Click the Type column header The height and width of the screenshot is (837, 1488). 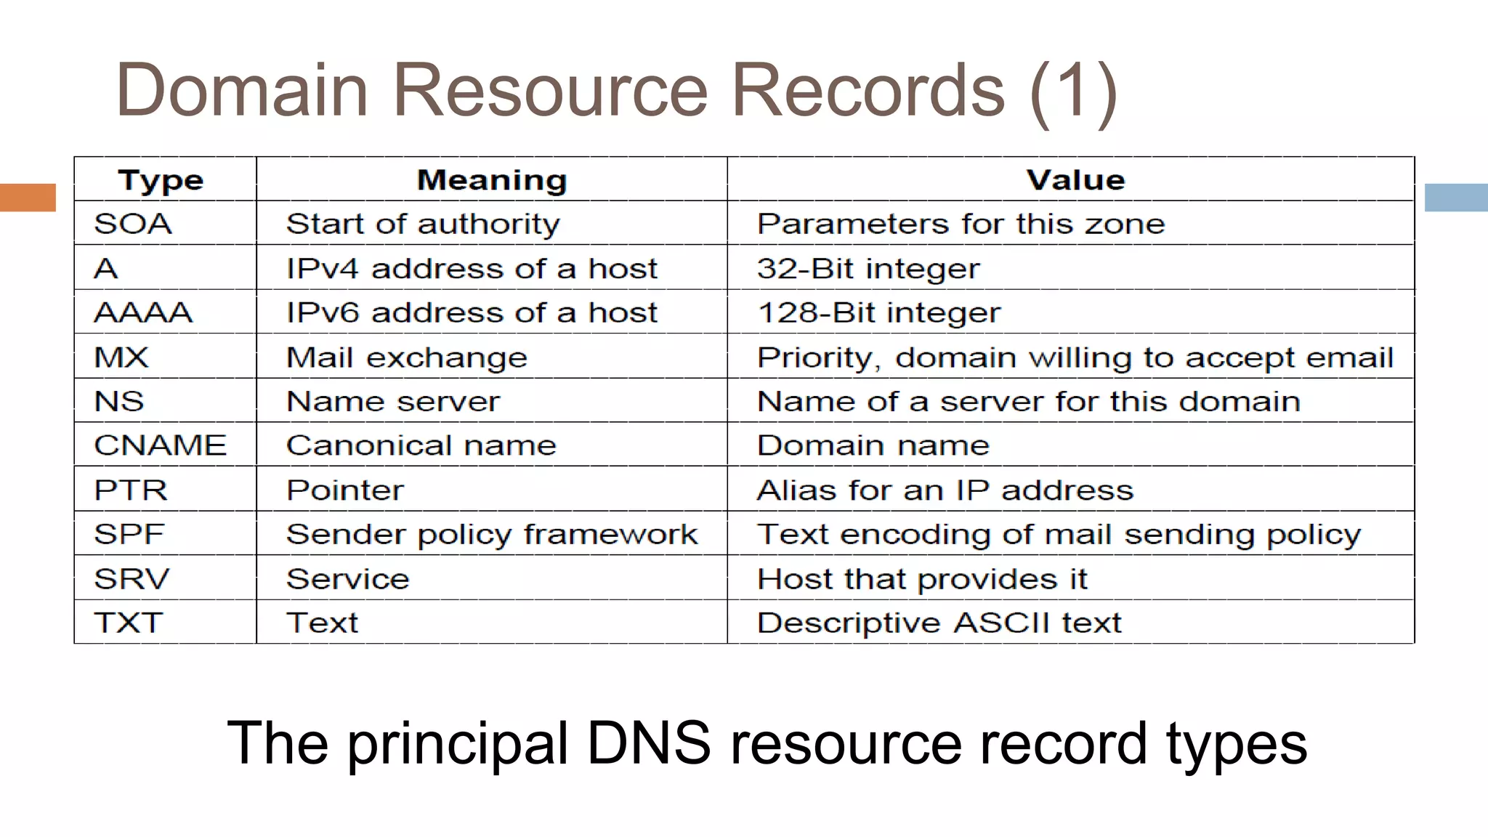pos(161,180)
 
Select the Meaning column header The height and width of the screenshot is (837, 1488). pos(492,180)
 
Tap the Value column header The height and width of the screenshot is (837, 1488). pos(1075,180)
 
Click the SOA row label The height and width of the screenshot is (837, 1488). pos(133,224)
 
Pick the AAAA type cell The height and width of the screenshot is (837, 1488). pos(143,313)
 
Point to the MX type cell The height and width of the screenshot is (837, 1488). pos(121,357)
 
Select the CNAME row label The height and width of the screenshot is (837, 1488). pos(161,445)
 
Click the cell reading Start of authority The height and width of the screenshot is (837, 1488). pos(423,224)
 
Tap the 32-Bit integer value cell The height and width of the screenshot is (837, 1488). pos(868,269)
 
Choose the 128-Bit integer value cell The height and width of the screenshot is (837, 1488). pos(878,313)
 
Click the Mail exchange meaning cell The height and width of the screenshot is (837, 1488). pos(407,357)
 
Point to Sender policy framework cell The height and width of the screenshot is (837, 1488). pos(492,535)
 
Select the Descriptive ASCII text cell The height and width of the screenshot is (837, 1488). pos(939,623)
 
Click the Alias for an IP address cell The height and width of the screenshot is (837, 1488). pos(945,490)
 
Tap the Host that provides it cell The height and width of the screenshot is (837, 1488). pos(922,579)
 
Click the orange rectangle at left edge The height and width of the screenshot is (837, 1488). pos(28,198)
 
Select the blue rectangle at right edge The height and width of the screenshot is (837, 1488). pos(1456,198)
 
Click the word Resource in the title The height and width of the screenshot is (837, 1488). pos(550,90)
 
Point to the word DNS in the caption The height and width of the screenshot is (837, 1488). pos(648,743)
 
